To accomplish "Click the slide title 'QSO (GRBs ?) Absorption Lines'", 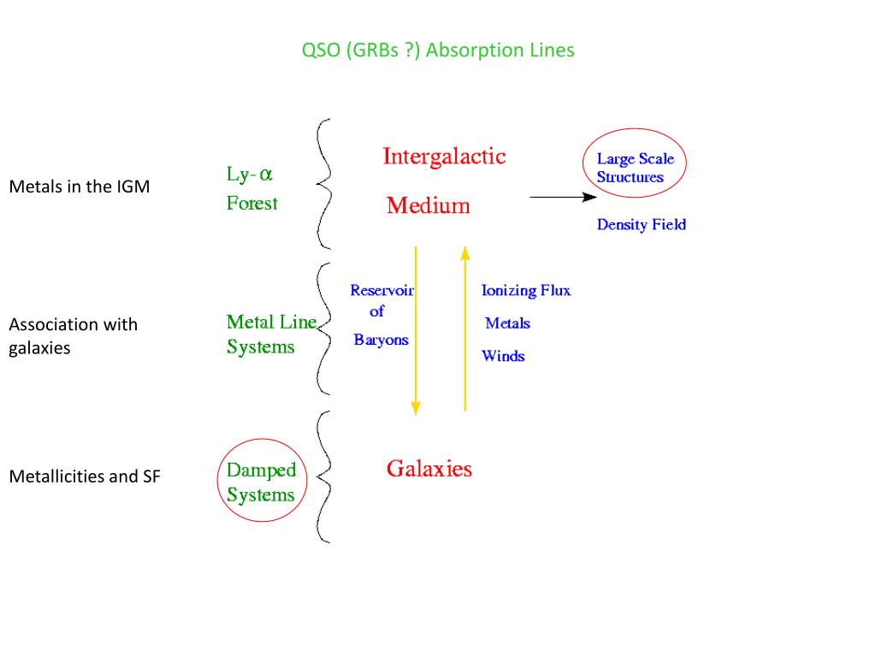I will click(438, 50).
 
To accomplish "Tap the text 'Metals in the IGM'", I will click(79, 186).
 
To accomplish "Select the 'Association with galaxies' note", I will click(73, 336).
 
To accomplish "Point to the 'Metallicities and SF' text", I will click(84, 476).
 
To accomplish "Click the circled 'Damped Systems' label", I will click(261, 482).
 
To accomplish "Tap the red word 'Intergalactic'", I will click(444, 157).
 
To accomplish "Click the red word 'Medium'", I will click(428, 206).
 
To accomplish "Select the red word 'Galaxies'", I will click(429, 469).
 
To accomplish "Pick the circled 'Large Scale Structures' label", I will click(634, 168).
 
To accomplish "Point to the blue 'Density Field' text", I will click(641, 225).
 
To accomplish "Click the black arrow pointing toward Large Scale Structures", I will click(562, 197).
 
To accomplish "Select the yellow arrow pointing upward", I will click(465, 329).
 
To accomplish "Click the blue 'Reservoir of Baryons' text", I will click(381, 315).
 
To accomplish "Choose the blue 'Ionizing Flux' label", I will click(525, 291).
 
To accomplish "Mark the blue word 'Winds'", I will click(503, 355).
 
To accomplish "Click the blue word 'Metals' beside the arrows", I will click(507, 323).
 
